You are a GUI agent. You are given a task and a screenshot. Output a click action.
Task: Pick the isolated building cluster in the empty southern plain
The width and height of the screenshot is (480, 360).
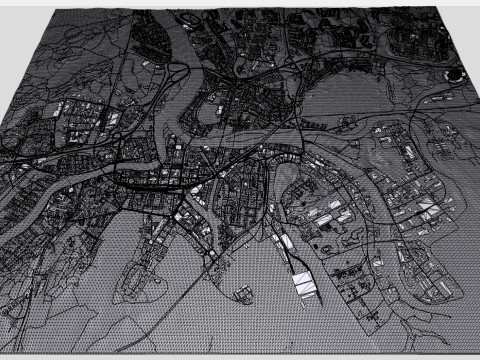coord(241,292)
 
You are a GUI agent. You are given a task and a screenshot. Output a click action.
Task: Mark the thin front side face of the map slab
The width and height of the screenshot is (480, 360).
coord(240,354)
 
